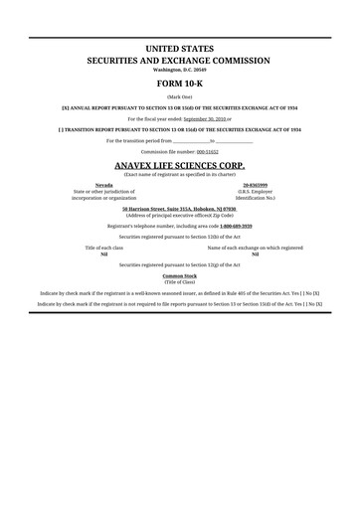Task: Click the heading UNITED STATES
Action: click(179, 48)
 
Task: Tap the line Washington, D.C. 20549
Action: click(179, 70)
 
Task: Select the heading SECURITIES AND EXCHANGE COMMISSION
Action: click(179, 60)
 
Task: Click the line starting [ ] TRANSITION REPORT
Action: click(179, 128)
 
